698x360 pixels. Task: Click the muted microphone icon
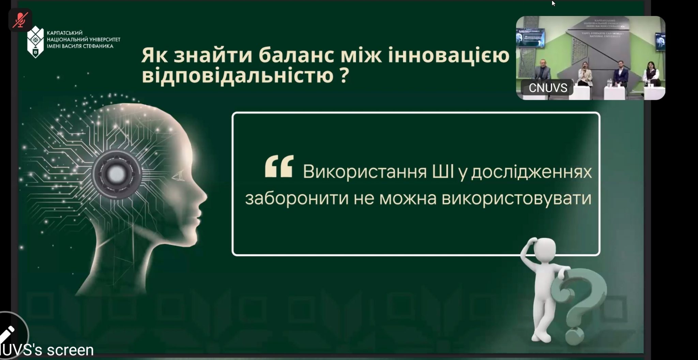point(20,20)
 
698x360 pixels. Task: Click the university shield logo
point(35,42)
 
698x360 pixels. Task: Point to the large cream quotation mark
point(279,166)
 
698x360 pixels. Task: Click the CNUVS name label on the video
point(547,88)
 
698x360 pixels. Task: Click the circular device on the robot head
point(117,174)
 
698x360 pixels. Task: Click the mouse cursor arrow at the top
point(553,3)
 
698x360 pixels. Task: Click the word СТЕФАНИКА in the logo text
point(98,46)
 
